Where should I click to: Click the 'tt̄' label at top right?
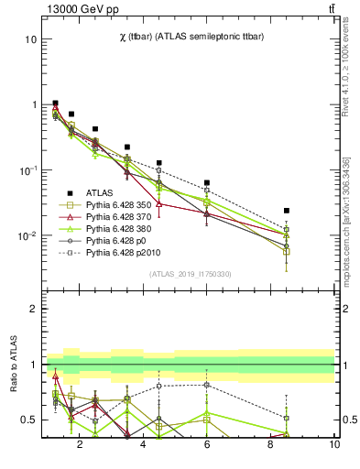(331, 9)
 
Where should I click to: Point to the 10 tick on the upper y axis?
(30, 39)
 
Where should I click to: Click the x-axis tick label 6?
(207, 445)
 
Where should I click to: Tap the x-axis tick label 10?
(333, 445)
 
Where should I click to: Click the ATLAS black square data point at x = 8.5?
(287, 211)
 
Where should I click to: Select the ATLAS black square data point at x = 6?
(207, 183)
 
